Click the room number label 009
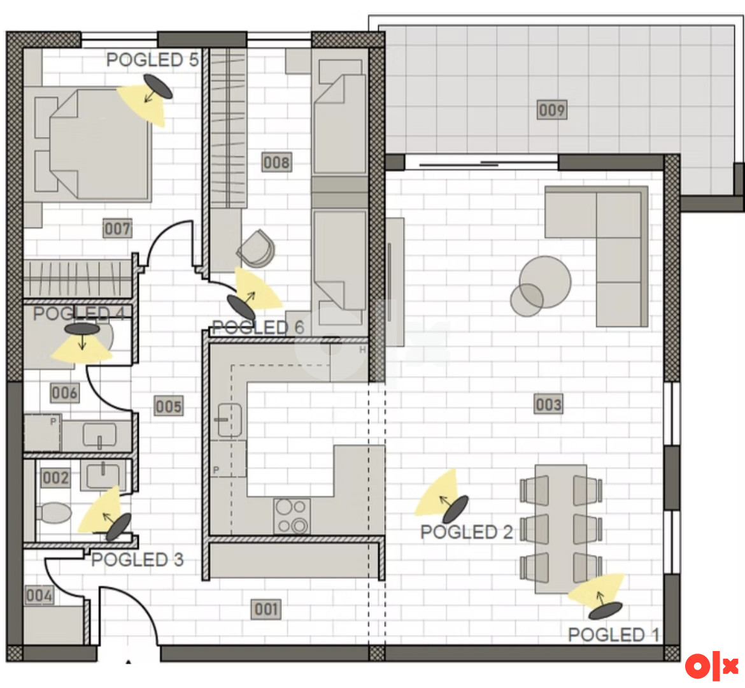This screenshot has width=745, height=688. click(x=552, y=110)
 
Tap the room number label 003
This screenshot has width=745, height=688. click(x=549, y=404)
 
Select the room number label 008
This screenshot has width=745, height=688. click(x=276, y=162)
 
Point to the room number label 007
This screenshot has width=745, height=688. click(x=117, y=229)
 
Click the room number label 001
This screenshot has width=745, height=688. click(x=266, y=609)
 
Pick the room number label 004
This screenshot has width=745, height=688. click(x=39, y=595)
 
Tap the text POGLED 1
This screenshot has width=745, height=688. click(x=613, y=634)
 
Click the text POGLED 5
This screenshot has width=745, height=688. click(x=152, y=60)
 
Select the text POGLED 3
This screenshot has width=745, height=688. click(x=138, y=559)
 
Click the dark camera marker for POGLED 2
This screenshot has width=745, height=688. click(x=456, y=509)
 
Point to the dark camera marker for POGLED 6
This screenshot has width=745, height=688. click(x=241, y=307)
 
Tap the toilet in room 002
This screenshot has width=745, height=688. click(x=53, y=513)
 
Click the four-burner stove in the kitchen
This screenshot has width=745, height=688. click(x=292, y=516)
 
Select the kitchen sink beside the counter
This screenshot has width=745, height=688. click(x=229, y=420)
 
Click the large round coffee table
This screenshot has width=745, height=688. click(x=545, y=282)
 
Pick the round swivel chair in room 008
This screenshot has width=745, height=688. click(x=257, y=248)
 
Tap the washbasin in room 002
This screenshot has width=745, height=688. click(x=103, y=475)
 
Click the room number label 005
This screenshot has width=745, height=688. click(x=169, y=406)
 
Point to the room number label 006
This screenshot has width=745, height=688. click(x=64, y=393)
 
